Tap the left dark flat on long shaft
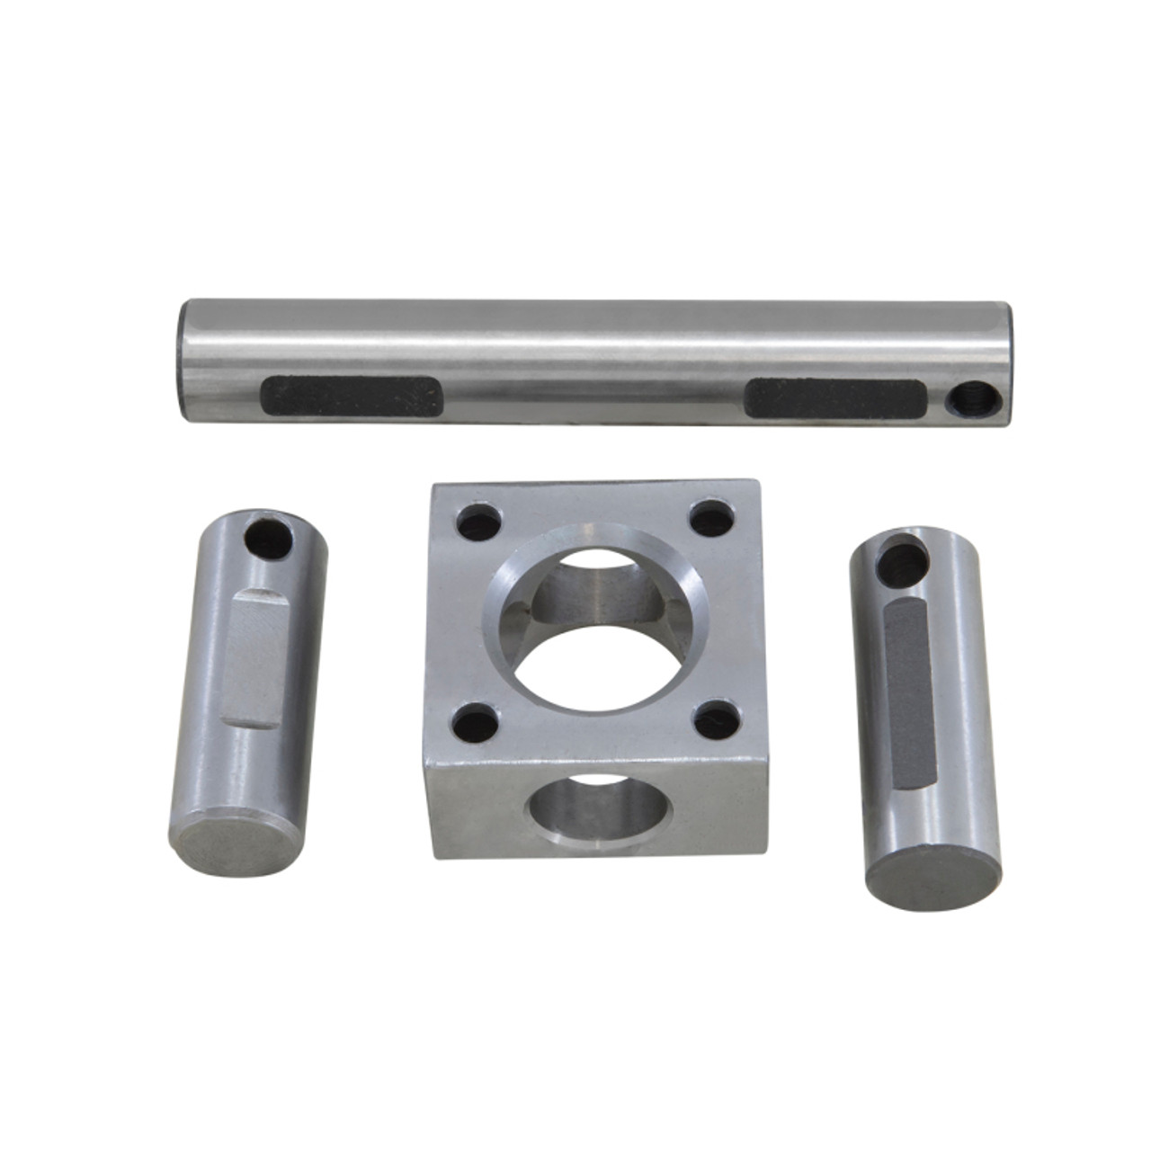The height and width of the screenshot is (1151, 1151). (352, 396)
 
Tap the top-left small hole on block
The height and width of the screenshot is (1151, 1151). (473, 523)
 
